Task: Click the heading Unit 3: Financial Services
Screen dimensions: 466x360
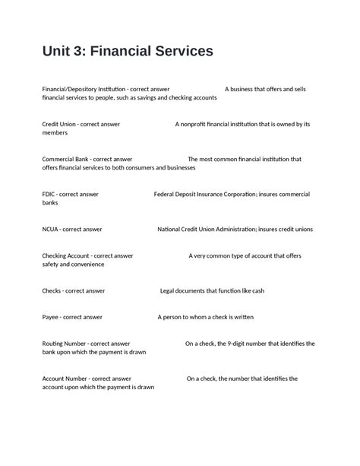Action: coord(128,52)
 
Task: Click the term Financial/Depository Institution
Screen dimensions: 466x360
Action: coord(84,89)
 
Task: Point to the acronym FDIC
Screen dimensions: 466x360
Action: coord(49,194)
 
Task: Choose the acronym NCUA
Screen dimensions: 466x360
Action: coord(51,229)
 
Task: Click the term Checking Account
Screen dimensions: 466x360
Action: coord(68,255)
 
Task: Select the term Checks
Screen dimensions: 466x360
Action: coord(52,290)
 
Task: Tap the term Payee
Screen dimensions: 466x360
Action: coord(51,317)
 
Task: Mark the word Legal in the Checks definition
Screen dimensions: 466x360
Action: coord(167,290)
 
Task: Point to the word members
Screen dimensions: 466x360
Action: coord(55,133)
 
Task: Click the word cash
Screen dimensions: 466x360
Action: coord(257,290)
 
